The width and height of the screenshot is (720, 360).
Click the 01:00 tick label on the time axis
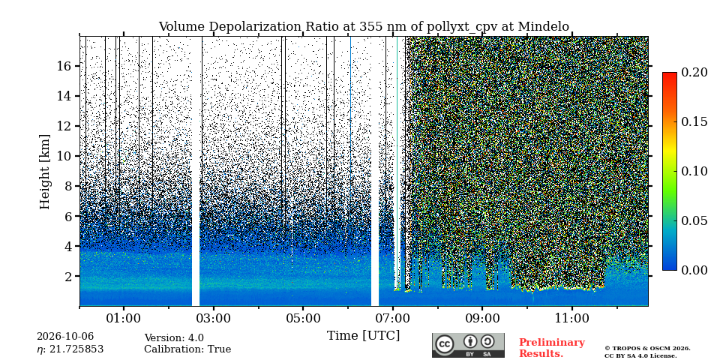(x=124, y=319)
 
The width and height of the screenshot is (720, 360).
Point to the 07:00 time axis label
(x=392, y=319)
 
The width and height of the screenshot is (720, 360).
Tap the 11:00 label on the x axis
(x=571, y=319)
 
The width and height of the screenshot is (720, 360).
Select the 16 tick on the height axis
(x=64, y=66)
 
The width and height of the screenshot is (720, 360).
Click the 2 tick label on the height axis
(x=69, y=276)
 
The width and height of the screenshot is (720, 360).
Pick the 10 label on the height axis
(x=64, y=156)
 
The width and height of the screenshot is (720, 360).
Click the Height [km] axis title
(x=44, y=172)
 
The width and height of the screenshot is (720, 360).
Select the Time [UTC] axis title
(x=363, y=336)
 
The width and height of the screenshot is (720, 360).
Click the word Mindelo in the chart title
(x=544, y=27)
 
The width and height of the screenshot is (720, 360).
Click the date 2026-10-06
(x=65, y=337)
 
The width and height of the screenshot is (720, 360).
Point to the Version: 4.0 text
(x=174, y=338)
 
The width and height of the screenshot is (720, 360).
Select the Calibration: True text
(x=187, y=349)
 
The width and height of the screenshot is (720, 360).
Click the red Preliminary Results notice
(x=552, y=348)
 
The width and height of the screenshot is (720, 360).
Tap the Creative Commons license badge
(x=468, y=345)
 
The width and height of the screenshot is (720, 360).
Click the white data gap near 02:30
(x=196, y=171)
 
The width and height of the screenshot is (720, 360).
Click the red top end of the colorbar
(x=670, y=74)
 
